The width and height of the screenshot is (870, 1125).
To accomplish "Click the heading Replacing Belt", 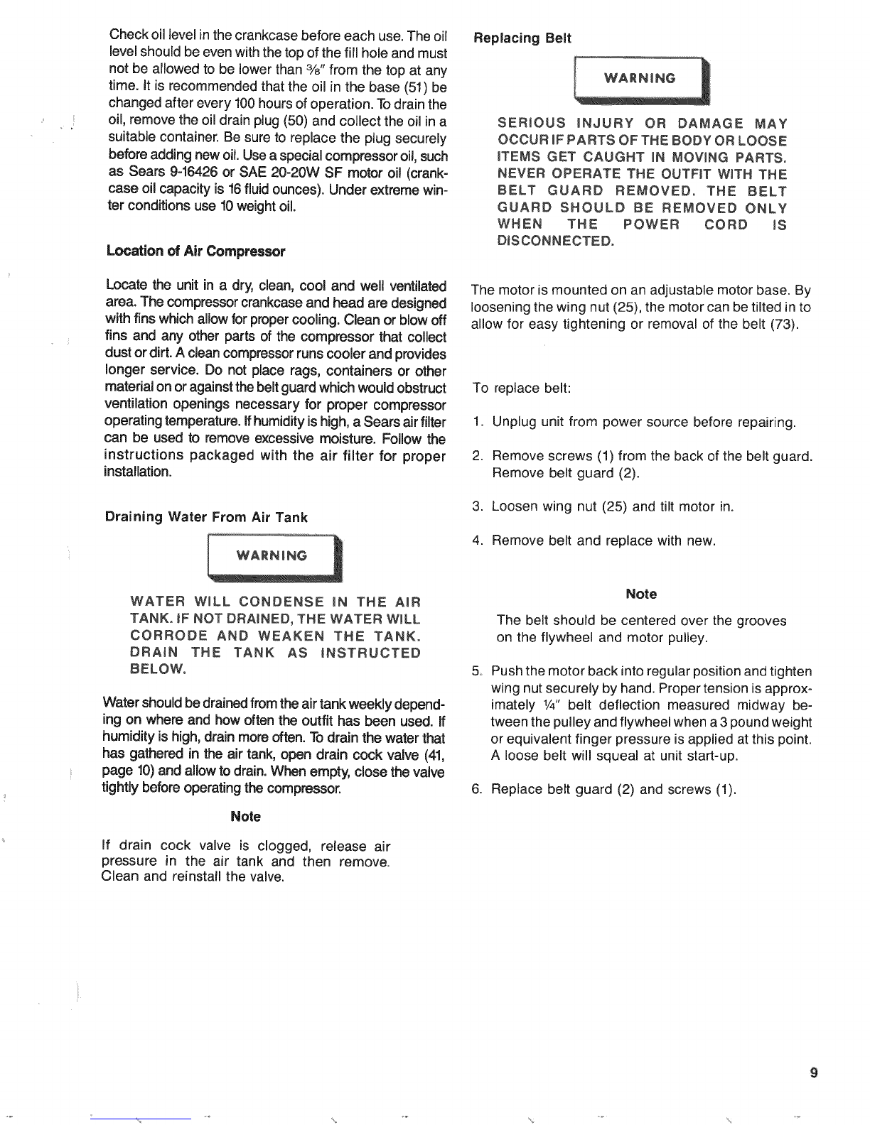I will (x=522, y=38).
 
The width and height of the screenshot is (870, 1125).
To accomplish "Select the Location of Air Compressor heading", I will (x=195, y=251).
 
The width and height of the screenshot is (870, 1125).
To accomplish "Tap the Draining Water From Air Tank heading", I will (x=206, y=517).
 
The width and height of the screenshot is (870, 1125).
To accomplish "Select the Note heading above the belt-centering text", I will (x=641, y=594).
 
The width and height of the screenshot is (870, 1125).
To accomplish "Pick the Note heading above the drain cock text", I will (x=245, y=817).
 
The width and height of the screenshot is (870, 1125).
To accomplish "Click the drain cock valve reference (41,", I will (x=434, y=755).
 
